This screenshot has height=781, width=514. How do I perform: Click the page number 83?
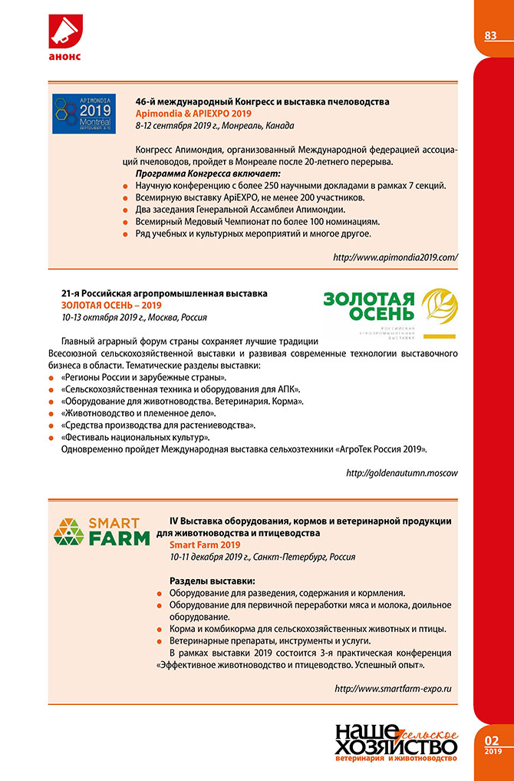pos(491,35)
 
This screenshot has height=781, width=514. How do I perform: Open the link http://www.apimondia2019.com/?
pos(396,258)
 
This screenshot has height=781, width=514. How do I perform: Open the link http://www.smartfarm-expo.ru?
pos(394,689)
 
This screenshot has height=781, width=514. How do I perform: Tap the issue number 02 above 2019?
pos(492,741)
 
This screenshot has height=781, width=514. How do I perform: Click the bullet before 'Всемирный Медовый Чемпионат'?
pos(126,221)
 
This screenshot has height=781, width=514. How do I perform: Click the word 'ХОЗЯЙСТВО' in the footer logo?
pos(396,746)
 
